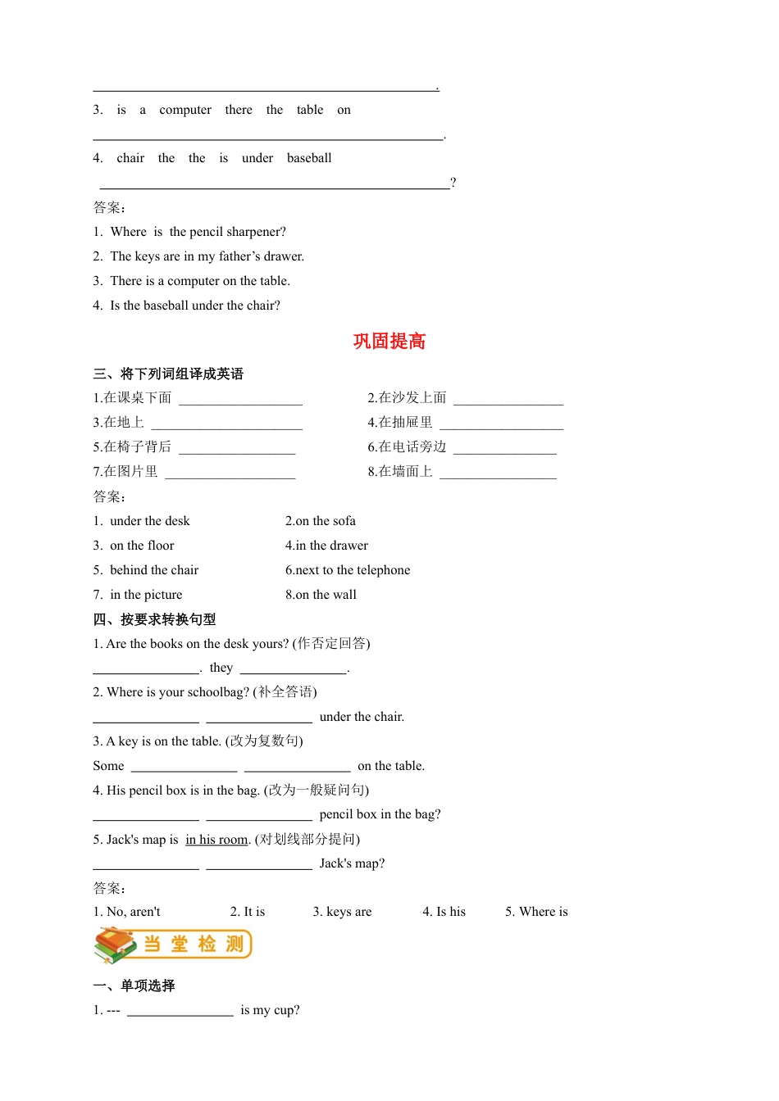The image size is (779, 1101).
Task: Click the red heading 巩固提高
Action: (389, 342)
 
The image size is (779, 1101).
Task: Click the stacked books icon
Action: (115, 945)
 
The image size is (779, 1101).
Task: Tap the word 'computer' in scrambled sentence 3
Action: (185, 110)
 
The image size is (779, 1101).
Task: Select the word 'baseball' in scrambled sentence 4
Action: (309, 158)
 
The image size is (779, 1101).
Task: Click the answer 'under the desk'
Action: (150, 521)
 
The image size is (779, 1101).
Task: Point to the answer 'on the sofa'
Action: (326, 521)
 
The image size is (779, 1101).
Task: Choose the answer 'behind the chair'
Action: (154, 570)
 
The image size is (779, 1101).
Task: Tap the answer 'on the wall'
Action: (326, 595)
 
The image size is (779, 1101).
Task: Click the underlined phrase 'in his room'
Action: (216, 840)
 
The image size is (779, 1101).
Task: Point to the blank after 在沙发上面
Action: (508, 399)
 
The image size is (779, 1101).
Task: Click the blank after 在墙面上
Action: (498, 473)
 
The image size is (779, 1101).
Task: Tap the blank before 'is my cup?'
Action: (180, 1011)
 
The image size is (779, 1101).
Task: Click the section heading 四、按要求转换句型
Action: (154, 619)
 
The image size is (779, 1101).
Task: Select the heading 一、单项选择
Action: (134, 985)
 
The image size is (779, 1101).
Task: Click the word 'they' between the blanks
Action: (221, 668)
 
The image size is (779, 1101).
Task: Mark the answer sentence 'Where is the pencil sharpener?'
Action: (198, 232)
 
